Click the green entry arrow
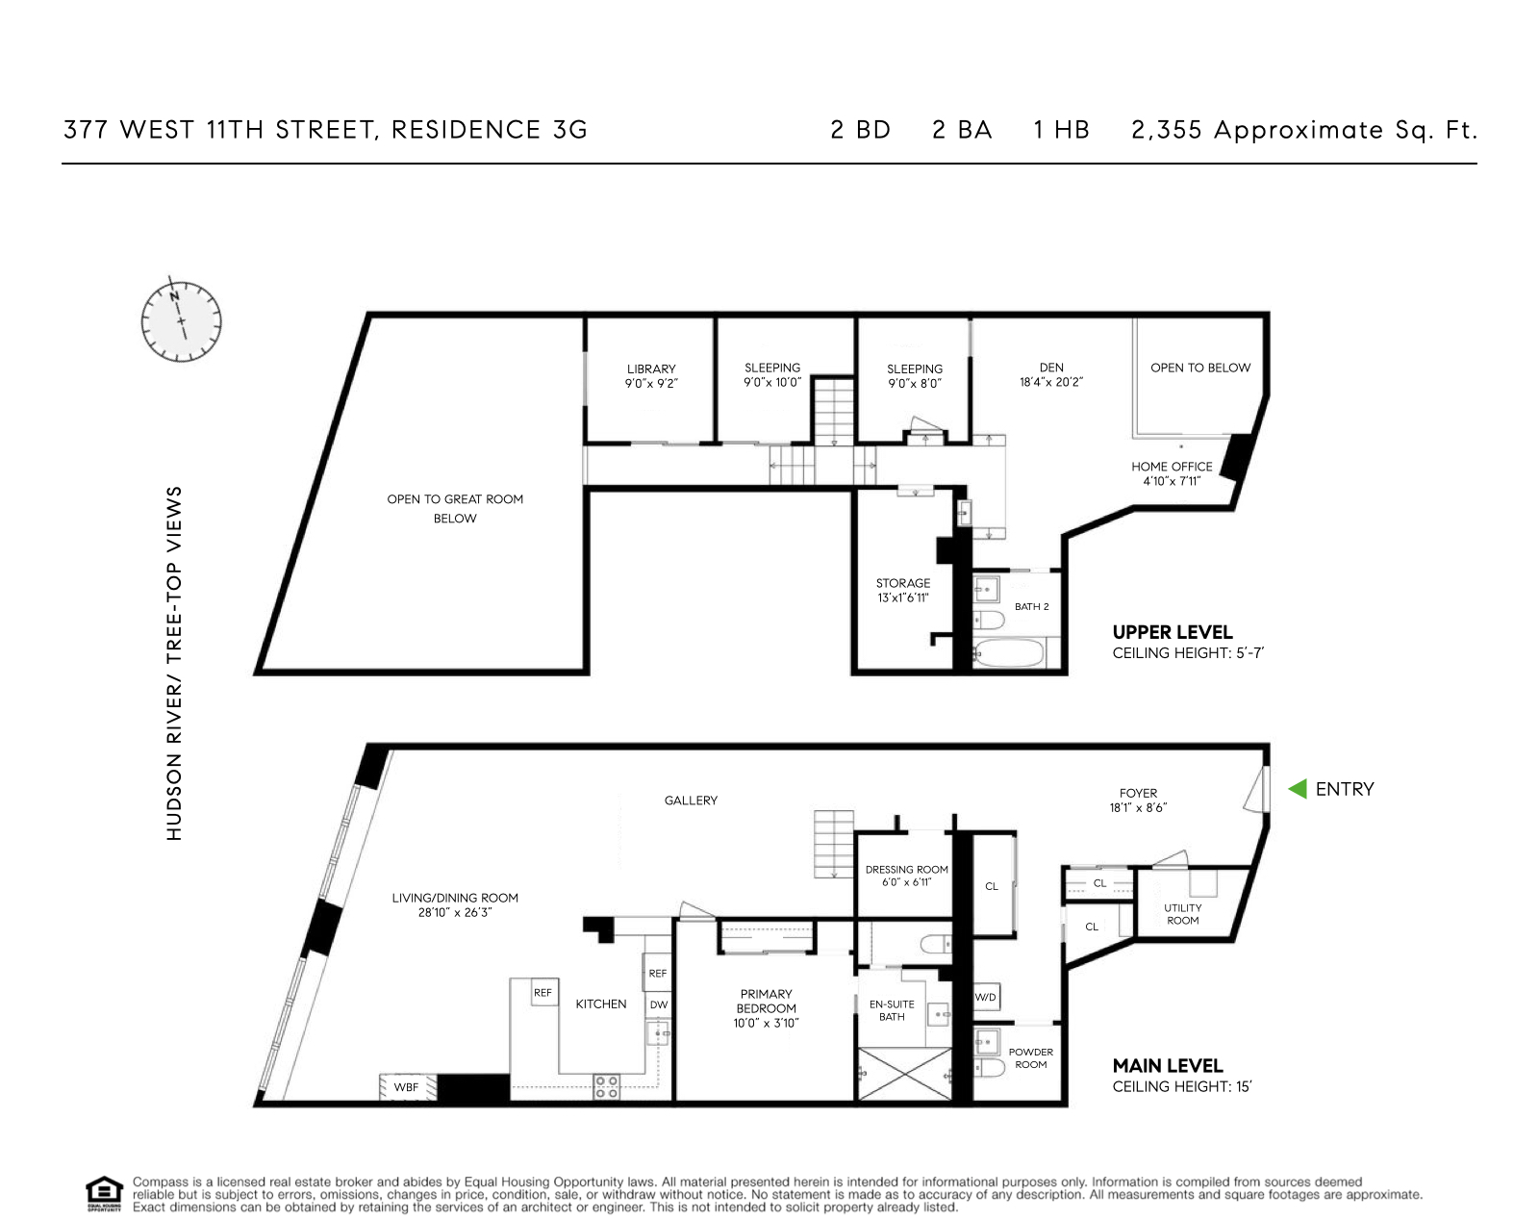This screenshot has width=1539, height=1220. [x=1298, y=789]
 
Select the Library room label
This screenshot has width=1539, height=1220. [x=651, y=369]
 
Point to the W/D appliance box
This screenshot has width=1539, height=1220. [x=986, y=997]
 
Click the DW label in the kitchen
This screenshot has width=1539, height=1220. [x=658, y=1004]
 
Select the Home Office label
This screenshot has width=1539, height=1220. [x=1172, y=467]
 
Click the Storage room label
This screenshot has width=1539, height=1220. [x=902, y=583]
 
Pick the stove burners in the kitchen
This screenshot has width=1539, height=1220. [x=607, y=1086]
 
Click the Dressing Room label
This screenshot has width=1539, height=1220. [x=906, y=869]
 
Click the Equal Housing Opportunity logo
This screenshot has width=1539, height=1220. [x=104, y=1193]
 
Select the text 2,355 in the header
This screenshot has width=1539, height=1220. [x=1167, y=130]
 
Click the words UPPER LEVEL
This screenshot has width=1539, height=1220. [x=1172, y=632]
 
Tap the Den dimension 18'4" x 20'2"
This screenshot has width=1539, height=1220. [x=1051, y=382]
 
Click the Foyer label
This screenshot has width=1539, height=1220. [x=1138, y=794]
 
